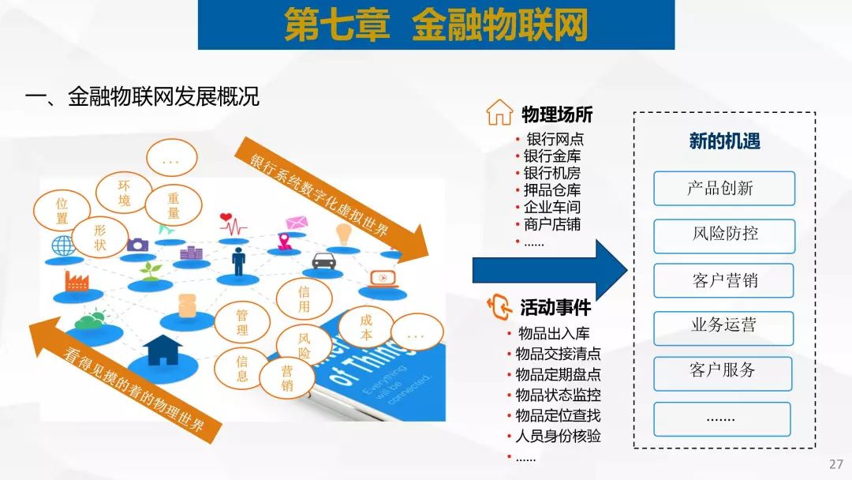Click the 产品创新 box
coord(723,188)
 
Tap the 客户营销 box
coord(723,280)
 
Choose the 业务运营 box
coord(723,328)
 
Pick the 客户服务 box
coord(723,373)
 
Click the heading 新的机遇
coord(724,141)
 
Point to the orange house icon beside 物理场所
coord(499,113)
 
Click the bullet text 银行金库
coord(552,156)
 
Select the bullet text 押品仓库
coord(552,190)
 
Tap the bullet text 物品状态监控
coord(558,395)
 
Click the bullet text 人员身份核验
coord(558,436)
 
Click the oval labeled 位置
coord(62,211)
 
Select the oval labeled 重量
coord(174,205)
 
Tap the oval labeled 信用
coord(304,299)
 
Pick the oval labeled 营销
coord(287,378)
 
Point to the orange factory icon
coord(77,280)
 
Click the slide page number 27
coord(836,464)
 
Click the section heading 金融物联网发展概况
coord(163,97)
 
